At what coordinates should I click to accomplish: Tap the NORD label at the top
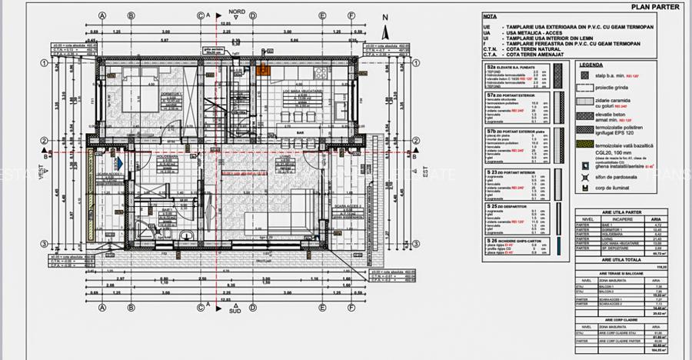pyautogui.click(x=239, y=13)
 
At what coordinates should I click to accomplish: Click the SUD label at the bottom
pyautogui.click(x=239, y=313)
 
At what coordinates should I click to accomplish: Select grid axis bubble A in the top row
pyautogui.click(x=101, y=15)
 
